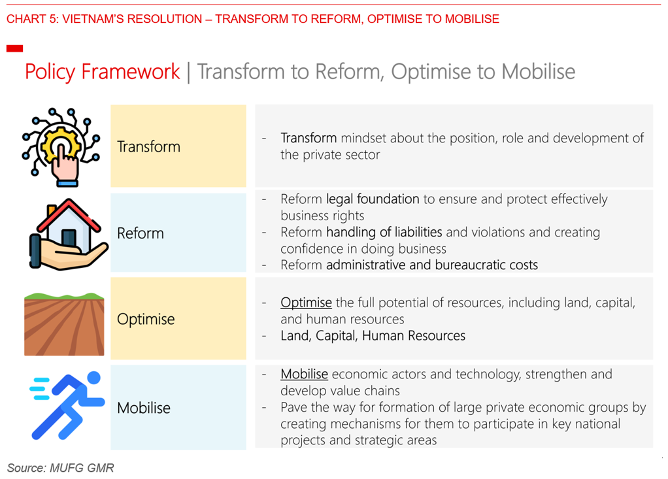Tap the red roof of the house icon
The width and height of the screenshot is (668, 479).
68,216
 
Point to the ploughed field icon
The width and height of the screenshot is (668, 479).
64,324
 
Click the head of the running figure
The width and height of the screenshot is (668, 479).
93,378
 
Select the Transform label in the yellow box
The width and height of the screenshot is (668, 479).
148,146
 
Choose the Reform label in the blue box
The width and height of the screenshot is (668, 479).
141,233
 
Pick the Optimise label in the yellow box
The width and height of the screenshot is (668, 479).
146,320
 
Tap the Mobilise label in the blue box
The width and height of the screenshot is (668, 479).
144,408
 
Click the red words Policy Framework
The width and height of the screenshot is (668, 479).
102,71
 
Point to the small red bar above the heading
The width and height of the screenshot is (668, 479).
14,48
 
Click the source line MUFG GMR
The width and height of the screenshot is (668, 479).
61,468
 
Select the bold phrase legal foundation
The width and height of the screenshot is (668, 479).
373,199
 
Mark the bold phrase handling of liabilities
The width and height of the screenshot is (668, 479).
384,232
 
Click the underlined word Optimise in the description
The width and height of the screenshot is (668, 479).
306,303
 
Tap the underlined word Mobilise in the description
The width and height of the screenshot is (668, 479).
304,374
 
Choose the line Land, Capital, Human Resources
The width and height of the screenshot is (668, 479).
373,336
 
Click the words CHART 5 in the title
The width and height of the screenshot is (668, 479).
33,19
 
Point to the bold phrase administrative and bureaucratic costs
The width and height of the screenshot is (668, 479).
432,265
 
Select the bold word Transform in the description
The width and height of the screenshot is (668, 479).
309,138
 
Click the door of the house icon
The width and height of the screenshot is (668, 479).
69,239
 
